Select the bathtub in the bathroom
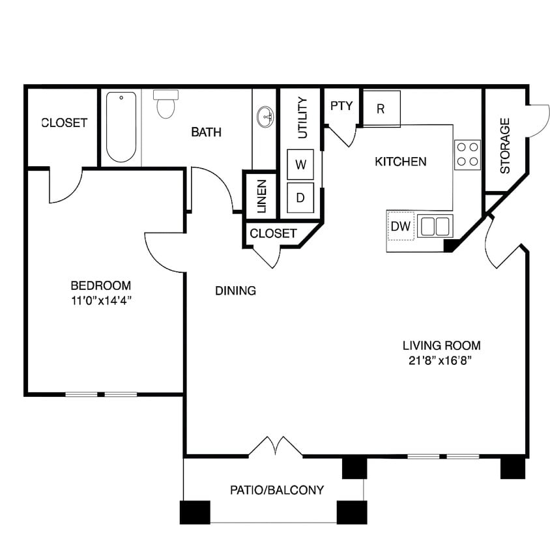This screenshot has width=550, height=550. click(x=121, y=126)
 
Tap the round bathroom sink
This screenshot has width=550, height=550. click(x=265, y=118)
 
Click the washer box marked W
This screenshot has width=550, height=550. click(x=301, y=164)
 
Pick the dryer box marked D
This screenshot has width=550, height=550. click(x=301, y=196)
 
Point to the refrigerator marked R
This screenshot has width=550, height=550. click(x=381, y=109)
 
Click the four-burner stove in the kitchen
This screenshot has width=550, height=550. click(x=467, y=154)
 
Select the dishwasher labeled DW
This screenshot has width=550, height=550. click(x=401, y=227)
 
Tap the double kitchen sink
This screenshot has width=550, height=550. click(x=435, y=227)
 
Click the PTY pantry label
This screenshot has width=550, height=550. click(x=341, y=106)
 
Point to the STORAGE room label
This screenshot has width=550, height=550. click(x=505, y=145)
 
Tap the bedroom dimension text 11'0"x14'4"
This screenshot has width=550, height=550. click(x=101, y=301)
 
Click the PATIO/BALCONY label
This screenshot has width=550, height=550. click(x=277, y=490)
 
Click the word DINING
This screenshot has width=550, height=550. click(x=235, y=291)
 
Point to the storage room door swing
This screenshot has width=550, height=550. click(x=538, y=121)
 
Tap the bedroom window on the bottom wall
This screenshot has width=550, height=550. click(x=101, y=394)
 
